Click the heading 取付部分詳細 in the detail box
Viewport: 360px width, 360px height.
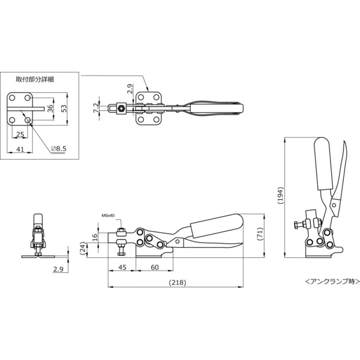(x=35, y=79)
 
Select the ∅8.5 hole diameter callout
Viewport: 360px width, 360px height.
(x=59, y=149)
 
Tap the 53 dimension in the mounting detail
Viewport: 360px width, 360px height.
(x=64, y=109)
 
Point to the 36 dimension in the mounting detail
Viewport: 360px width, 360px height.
(x=50, y=107)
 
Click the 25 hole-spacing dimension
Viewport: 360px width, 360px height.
(x=20, y=134)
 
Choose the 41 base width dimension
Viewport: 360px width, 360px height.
(x=20, y=149)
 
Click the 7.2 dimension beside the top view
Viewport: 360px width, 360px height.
(x=96, y=107)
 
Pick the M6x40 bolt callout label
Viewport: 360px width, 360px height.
(x=108, y=215)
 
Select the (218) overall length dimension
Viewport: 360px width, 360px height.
(x=178, y=282)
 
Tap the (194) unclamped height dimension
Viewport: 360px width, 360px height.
(x=280, y=196)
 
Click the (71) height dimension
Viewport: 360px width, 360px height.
(x=260, y=234)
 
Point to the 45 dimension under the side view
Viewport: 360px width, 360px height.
(x=122, y=267)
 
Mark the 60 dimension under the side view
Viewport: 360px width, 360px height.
(x=155, y=267)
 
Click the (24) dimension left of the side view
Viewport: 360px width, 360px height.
(x=83, y=248)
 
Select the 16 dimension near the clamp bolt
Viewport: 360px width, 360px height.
(x=95, y=237)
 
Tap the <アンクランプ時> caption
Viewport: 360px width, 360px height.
(x=332, y=281)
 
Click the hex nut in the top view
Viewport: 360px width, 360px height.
(x=121, y=107)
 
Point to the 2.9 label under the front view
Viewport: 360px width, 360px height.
(x=58, y=269)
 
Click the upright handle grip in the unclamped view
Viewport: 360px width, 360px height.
(x=323, y=164)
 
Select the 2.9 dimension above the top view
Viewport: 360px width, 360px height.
(x=130, y=89)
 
